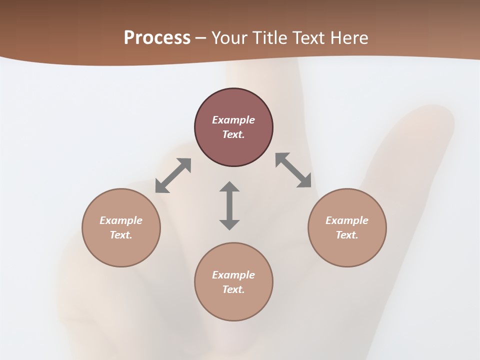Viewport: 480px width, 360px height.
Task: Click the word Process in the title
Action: [x=157, y=38]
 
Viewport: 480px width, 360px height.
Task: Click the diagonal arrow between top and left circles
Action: [x=173, y=175]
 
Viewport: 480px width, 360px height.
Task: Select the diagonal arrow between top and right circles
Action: [x=293, y=170]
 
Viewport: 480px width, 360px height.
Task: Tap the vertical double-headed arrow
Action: [x=229, y=205]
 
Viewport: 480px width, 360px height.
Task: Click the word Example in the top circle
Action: [x=233, y=120]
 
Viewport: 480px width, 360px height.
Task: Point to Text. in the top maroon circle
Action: [x=233, y=134]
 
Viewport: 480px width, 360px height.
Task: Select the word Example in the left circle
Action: [x=121, y=220]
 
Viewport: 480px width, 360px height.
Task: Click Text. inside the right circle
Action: [x=347, y=235]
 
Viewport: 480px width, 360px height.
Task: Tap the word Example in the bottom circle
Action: [x=233, y=275]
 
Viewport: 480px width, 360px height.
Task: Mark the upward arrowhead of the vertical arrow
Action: [x=229, y=187]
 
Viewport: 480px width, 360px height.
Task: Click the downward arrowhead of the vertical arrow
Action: [x=229, y=224]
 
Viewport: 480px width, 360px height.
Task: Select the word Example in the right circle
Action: [x=347, y=220]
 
